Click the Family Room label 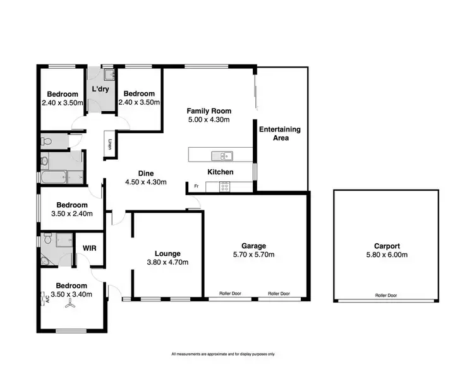tap(209, 111)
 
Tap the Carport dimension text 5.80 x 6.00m tap(387, 255)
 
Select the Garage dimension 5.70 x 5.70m tap(253, 255)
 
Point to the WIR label tap(89, 249)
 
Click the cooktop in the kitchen tap(224, 186)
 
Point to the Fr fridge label tap(196, 186)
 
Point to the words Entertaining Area tap(281, 133)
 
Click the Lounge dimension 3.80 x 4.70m tap(167, 262)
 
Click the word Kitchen tap(221, 172)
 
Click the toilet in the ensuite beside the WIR tap(44, 260)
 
